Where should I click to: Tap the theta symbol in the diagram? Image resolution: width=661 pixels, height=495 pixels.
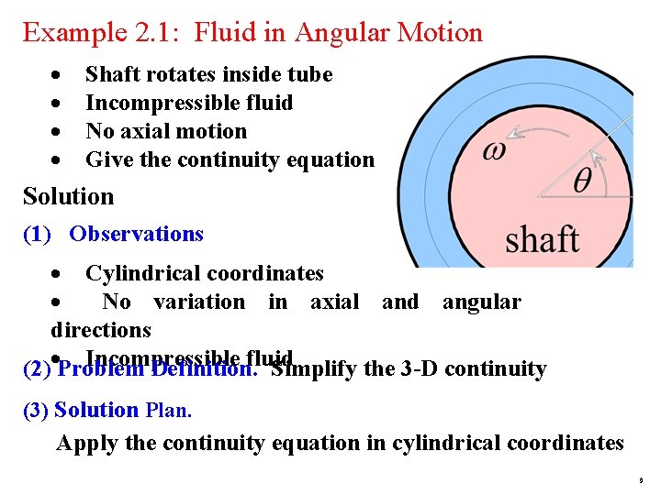[x=583, y=181]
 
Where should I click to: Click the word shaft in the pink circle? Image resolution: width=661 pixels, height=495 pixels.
[x=542, y=240]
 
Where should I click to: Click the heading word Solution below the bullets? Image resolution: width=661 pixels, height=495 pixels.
[x=69, y=196]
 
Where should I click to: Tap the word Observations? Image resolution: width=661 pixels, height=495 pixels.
[x=136, y=234]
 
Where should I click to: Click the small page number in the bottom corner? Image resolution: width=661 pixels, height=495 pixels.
[x=641, y=480]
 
